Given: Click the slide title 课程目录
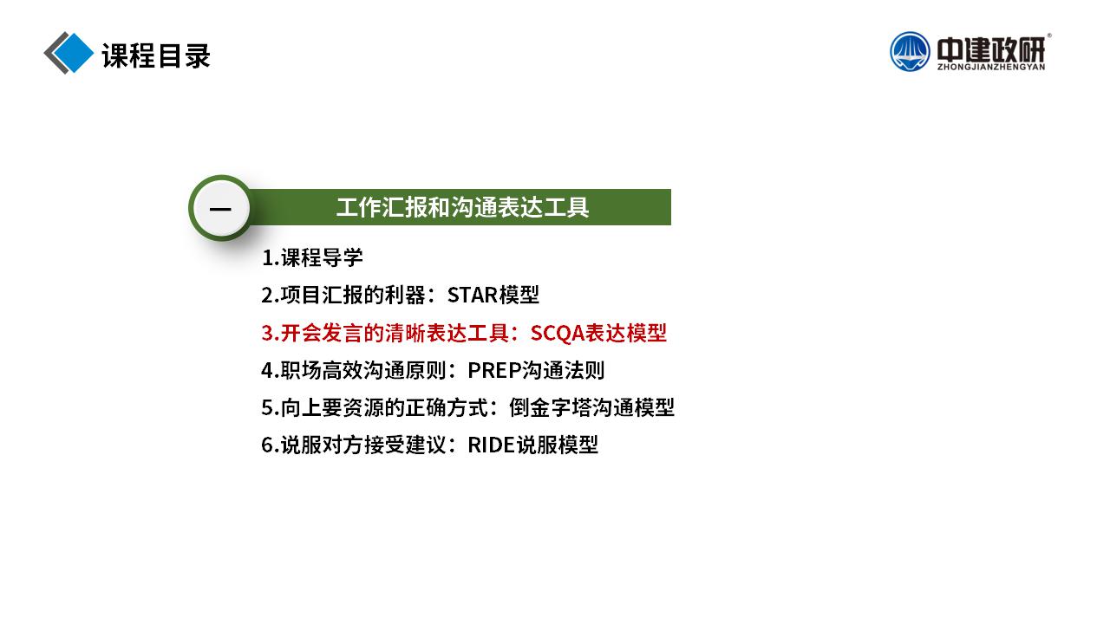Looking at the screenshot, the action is click(x=156, y=55).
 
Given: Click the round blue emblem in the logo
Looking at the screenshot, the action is click(x=910, y=51).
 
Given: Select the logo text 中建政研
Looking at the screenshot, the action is click(x=991, y=49).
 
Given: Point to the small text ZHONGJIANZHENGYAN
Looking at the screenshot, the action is click(x=991, y=67).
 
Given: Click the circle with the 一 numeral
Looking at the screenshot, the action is click(x=220, y=208).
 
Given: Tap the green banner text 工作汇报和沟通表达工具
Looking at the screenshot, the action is click(x=462, y=207).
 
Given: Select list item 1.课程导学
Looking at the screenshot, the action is click(x=312, y=257).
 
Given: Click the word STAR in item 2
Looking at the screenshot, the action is click(x=473, y=296).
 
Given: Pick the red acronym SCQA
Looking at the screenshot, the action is click(x=557, y=334).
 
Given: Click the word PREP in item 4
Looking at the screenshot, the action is click(x=494, y=370).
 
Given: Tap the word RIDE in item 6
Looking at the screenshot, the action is click(x=492, y=445).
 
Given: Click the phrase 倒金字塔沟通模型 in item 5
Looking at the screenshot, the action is click(x=591, y=407).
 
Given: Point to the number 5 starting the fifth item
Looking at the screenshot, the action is click(x=267, y=408).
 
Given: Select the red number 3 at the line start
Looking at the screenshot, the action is click(x=267, y=334).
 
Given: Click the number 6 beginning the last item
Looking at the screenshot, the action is click(x=267, y=445).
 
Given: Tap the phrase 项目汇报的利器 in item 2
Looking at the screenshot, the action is click(x=353, y=296).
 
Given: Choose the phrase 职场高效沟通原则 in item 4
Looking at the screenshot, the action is click(x=363, y=370).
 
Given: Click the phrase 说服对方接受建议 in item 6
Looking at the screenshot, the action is click(x=363, y=445).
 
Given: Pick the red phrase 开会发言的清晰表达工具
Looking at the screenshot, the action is click(x=395, y=333).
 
